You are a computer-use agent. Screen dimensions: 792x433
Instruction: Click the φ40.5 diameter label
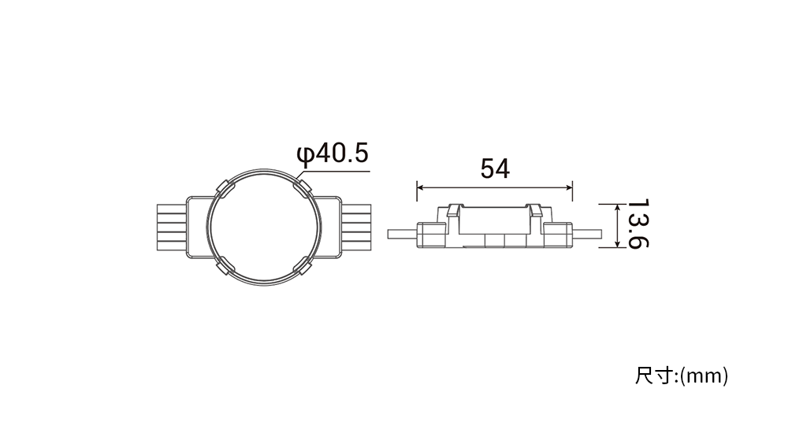(x=333, y=154)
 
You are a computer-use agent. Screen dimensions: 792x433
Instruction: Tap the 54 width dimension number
(x=495, y=168)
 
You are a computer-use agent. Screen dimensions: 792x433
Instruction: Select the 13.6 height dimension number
(x=638, y=224)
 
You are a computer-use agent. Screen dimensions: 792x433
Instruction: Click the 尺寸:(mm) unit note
(x=682, y=376)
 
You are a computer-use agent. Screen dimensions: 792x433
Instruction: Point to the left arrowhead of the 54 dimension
(x=420, y=187)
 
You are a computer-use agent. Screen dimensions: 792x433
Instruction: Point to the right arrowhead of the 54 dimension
(x=569, y=187)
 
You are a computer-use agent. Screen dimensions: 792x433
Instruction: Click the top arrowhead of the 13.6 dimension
(x=617, y=207)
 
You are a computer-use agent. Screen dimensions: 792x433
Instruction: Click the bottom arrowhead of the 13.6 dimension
(x=617, y=243)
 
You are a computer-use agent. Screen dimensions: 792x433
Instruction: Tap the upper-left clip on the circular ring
(x=225, y=187)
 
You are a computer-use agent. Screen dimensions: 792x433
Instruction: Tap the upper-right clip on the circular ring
(x=303, y=187)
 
